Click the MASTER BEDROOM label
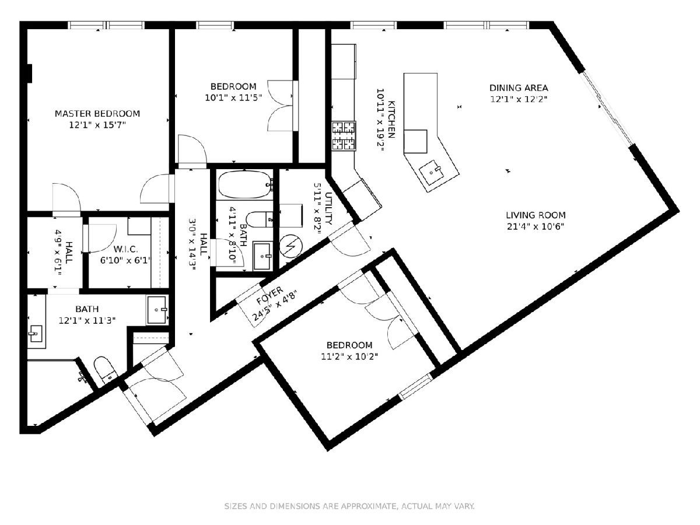pos(97,114)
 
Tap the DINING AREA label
pos(519,88)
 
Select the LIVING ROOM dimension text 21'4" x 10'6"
pos(535,227)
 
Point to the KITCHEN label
pos(391,120)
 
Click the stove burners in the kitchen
pos(344,136)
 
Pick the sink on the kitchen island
pos(431,172)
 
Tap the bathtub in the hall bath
pos(245,184)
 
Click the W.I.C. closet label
pos(125,249)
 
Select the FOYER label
pos(270,296)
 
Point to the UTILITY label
pos(329,208)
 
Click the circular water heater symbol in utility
pos(290,246)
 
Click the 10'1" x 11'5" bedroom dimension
pos(233,98)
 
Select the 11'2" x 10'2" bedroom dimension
pos(349,356)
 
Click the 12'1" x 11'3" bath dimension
pos(87,320)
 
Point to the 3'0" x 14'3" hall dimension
pos(192,244)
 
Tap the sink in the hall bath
pos(262,256)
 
